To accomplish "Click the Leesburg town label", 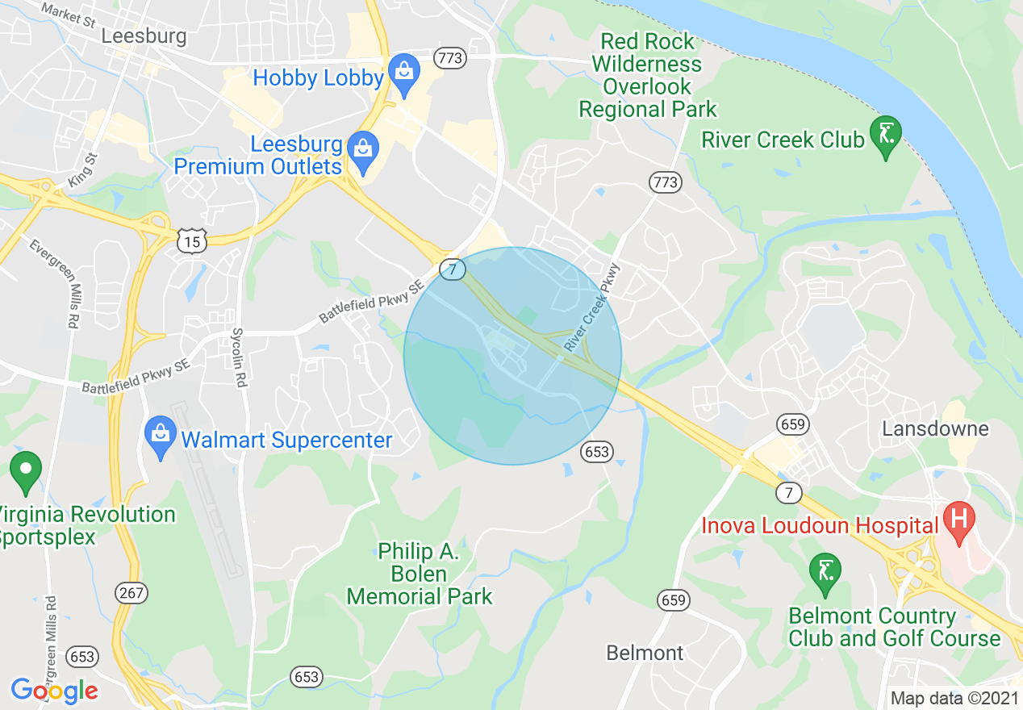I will pos(144,36).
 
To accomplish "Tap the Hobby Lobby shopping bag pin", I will pos(403,71).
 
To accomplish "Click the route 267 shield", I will pos(132,594).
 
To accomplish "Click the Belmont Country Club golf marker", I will pos(825,570).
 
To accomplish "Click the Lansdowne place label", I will pos(935,428).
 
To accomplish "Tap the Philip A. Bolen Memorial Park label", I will pos(419,574).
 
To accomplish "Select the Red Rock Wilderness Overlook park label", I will pos(648,75).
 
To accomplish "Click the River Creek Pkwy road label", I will pos(591,307).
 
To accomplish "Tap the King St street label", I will pos(83,171).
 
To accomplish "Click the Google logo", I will pos(54,690).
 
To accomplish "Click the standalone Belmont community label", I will pos(645,652).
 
